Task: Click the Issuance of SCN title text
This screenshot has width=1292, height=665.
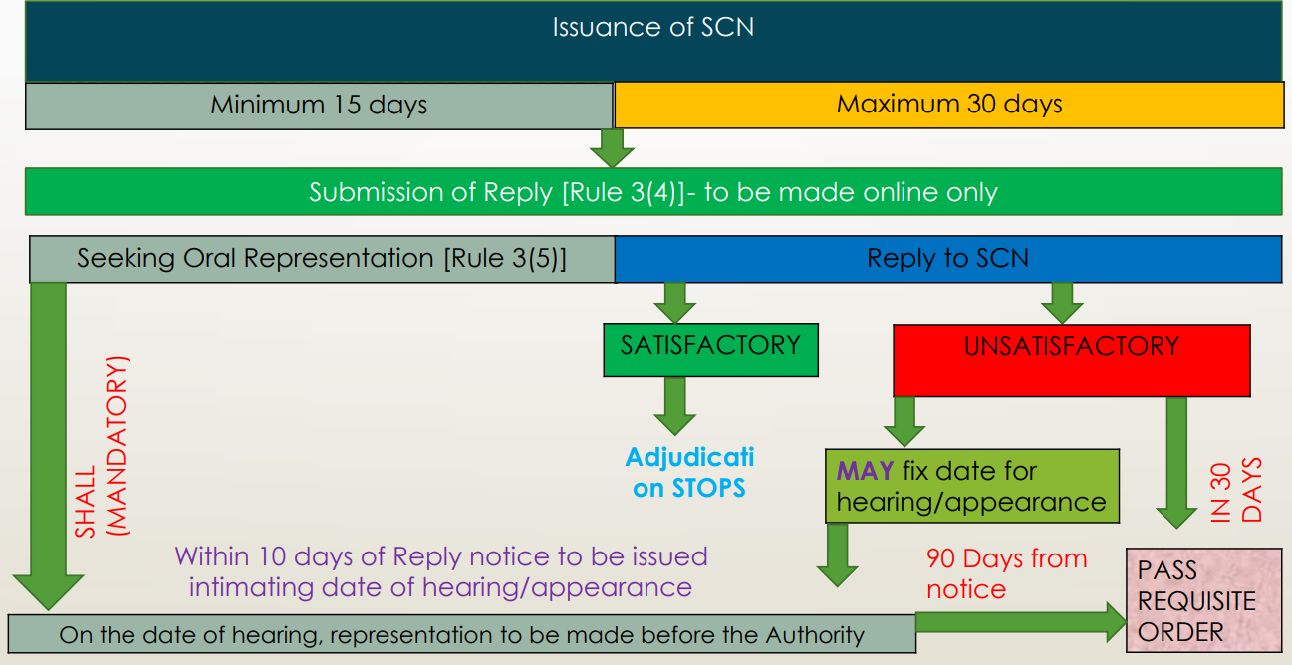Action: (652, 27)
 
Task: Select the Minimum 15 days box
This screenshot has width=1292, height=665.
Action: (319, 105)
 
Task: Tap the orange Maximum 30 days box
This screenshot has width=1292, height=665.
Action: (948, 104)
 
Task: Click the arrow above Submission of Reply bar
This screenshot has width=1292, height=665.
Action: (612, 148)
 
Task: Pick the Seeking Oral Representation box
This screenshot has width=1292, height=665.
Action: (322, 259)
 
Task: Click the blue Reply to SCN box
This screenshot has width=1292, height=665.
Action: (947, 259)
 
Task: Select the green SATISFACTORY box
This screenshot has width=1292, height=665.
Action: (710, 348)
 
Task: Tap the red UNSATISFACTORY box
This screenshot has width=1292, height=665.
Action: (1071, 358)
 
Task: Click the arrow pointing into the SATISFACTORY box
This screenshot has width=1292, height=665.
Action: (675, 302)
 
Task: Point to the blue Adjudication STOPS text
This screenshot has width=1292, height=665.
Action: (689, 472)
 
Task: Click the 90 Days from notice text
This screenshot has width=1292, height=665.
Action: (1006, 573)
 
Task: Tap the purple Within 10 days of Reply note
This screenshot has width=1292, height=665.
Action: (441, 571)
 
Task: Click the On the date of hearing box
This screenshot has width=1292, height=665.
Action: (461, 634)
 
